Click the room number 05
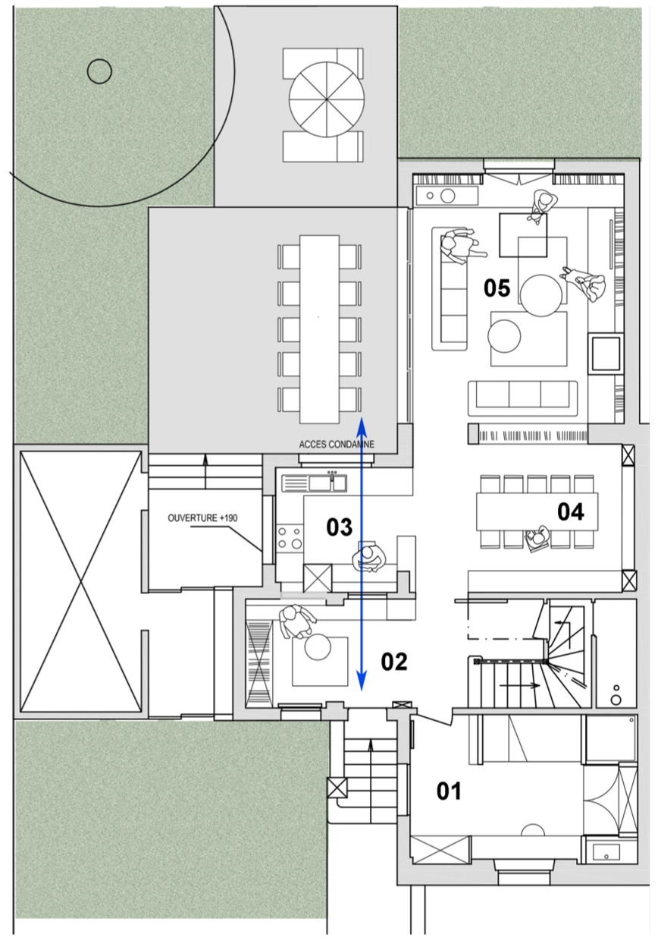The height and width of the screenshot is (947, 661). pos(497,288)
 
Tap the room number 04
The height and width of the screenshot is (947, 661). pos(571,511)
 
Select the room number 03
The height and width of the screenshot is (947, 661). pos(339,527)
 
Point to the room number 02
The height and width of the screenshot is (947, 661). pos(394,662)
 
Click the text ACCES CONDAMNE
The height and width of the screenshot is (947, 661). pos(337,445)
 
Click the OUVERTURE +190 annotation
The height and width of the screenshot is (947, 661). pos(202,518)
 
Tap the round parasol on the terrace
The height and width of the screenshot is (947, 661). pos(327,99)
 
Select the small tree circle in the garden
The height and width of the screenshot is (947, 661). pos(99,71)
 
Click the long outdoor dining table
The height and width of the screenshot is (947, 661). pos(319,329)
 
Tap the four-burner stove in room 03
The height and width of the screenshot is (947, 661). pos(290,537)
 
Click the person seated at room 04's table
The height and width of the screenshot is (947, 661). pos(537,539)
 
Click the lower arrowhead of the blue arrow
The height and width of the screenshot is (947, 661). pos(362,681)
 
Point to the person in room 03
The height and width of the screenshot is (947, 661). pos(368,559)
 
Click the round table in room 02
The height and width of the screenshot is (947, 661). pos(318,647)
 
